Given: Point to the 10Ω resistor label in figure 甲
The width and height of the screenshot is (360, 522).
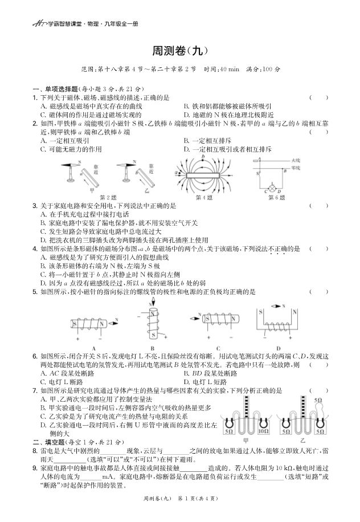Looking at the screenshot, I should [263, 432].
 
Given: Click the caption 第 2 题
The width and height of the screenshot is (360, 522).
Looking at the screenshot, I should [107, 197].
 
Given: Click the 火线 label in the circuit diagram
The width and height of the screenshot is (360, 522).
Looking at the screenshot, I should [295, 161].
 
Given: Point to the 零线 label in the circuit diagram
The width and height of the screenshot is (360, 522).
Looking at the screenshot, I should [295, 168].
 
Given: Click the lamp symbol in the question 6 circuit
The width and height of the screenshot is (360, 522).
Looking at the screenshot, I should [273, 186].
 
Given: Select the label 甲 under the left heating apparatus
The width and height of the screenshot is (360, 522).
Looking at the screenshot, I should [246, 441].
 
